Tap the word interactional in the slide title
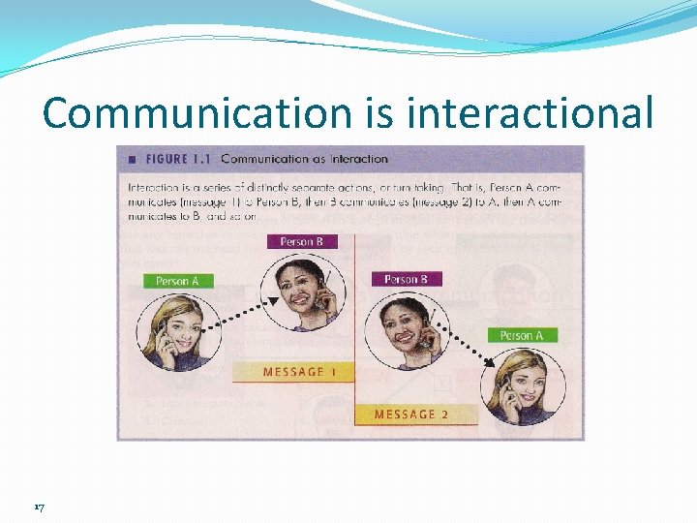[x=531, y=113]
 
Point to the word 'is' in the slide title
[x=383, y=113]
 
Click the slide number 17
[x=39, y=507]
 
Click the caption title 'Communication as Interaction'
[x=304, y=159]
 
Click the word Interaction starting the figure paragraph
[x=153, y=183]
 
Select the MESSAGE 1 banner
[x=293, y=372]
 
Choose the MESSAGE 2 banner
[x=411, y=415]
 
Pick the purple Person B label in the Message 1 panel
[x=302, y=241]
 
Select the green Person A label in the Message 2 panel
[x=522, y=335]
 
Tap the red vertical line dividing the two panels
[x=356, y=329]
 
